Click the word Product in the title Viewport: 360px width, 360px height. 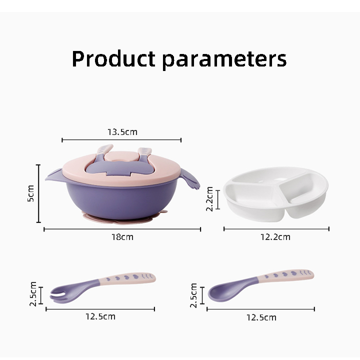pos(113,59)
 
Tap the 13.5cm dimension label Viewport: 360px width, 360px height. pos(122,132)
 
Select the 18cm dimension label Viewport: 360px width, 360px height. pos(122,236)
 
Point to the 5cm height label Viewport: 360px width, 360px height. pos(30,193)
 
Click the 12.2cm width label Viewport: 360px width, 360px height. pos(275,236)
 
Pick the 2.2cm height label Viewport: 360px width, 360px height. pos(210,199)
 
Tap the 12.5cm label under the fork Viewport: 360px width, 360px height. pos(100,316)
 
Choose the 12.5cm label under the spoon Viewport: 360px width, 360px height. pos(261,317)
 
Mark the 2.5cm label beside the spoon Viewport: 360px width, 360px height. pos(194,295)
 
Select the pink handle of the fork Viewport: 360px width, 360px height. pos(127,278)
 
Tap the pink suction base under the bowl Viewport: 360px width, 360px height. pos(120,217)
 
